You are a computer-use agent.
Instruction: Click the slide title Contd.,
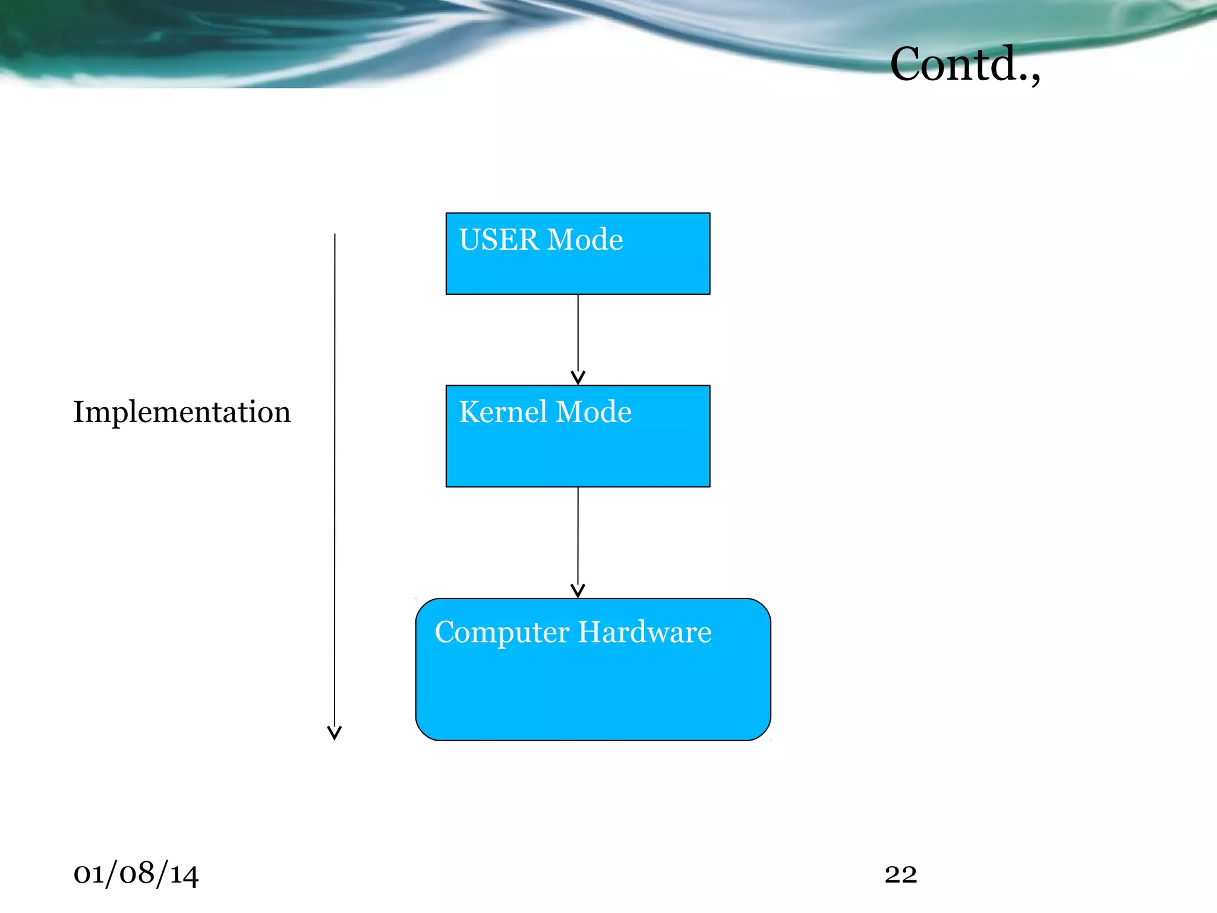pyautogui.click(x=964, y=64)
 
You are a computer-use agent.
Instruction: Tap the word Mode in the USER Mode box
pyautogui.click(x=585, y=240)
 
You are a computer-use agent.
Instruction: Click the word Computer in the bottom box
pyautogui.click(x=502, y=632)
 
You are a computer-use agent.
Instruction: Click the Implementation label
pyautogui.click(x=182, y=412)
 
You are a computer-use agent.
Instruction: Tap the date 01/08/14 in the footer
pyautogui.click(x=135, y=874)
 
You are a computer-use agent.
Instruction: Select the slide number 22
pyautogui.click(x=900, y=874)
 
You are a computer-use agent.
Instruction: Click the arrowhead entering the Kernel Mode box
pyautogui.click(x=578, y=378)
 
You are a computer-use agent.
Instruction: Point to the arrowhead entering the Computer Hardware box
pyautogui.click(x=578, y=591)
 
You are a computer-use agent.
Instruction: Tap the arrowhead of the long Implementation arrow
pyautogui.click(x=335, y=733)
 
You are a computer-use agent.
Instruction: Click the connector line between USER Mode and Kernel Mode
pyautogui.click(x=578, y=333)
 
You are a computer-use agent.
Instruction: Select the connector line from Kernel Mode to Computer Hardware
pyautogui.click(x=578, y=535)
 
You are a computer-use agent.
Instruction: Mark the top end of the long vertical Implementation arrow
pyautogui.click(x=335, y=235)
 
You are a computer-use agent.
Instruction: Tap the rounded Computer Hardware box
pyautogui.click(x=592, y=690)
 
